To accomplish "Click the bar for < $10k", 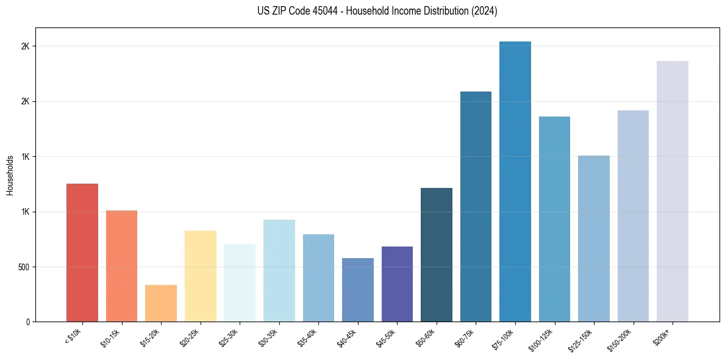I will (82, 253).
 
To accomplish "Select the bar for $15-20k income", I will (160, 303).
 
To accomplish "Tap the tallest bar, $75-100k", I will (515, 181).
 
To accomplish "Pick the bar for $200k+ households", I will (672, 191).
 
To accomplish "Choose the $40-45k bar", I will (357, 290).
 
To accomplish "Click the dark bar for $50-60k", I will (436, 254).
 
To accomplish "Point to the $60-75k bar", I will (476, 206).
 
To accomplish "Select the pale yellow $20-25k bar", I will (200, 276).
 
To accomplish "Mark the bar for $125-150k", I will (593, 239).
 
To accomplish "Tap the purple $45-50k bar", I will (397, 284).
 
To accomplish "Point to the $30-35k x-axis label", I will (268, 337).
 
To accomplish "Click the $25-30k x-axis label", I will (229, 337).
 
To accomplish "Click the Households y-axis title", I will (10, 175).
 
